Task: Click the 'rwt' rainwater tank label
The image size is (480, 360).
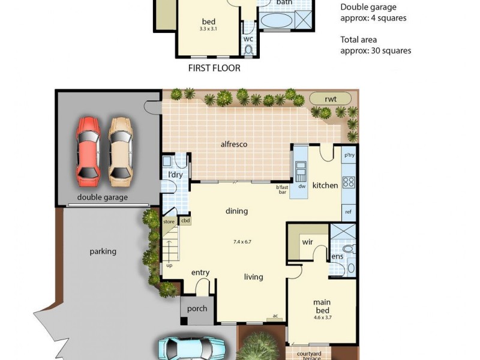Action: point(329,98)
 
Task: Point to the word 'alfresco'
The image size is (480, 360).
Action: point(233,144)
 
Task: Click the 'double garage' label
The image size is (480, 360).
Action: point(102,197)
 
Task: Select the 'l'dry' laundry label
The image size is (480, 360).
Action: point(175,175)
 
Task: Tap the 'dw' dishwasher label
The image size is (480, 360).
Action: point(302,186)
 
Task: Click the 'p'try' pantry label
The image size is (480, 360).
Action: point(349,155)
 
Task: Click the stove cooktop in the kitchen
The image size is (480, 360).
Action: point(349,182)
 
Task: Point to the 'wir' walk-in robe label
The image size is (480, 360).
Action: point(307,242)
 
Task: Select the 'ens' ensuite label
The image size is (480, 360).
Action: point(337,256)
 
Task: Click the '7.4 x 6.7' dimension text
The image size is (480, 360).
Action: point(242,242)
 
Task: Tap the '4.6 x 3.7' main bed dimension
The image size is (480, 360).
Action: point(323,318)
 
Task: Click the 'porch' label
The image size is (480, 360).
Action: point(197,309)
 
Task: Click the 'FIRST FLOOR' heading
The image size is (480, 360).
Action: point(214,68)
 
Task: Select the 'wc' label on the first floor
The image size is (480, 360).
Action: point(248,39)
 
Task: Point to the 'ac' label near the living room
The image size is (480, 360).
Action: point(275,316)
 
